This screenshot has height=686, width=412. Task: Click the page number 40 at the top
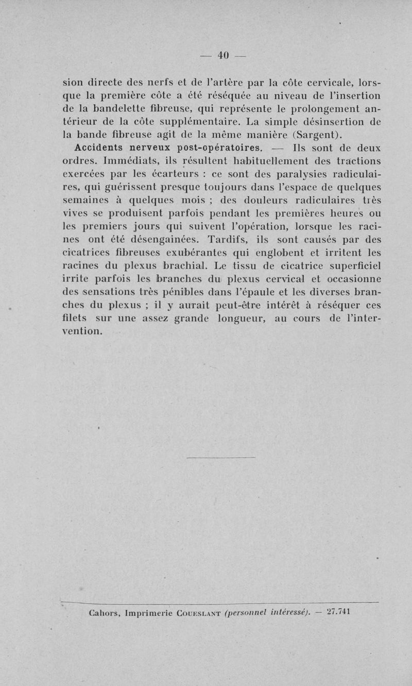[222, 55]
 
